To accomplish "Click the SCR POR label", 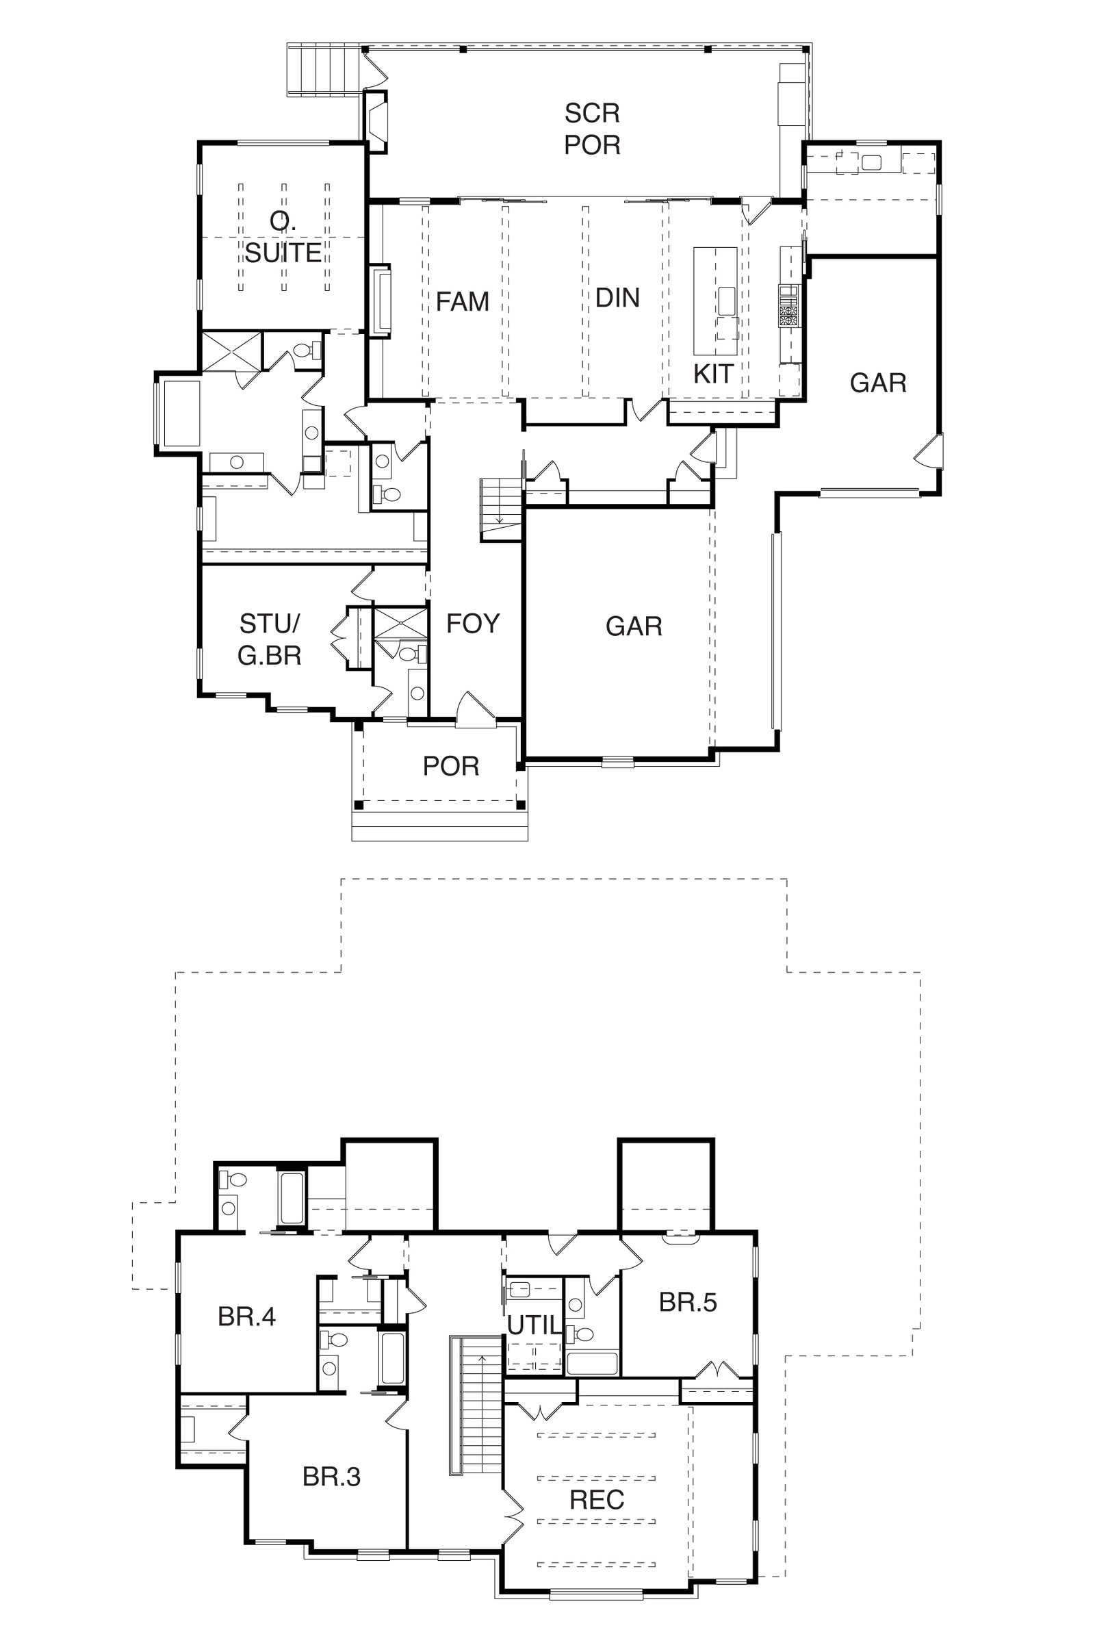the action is [592, 129].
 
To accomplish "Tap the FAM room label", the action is [463, 302].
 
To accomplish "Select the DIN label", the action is [617, 298].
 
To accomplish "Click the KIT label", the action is [713, 374].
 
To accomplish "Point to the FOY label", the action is [474, 624].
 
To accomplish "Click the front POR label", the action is [451, 766].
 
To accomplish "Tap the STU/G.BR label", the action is [270, 639].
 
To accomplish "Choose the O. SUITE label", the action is [283, 238].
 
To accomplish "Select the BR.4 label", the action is [246, 1316].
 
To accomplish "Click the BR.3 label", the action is [332, 1477].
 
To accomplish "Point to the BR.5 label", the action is [688, 1303].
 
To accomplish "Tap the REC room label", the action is [597, 1500].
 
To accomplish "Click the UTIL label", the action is [534, 1325].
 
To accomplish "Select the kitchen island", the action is [715, 301].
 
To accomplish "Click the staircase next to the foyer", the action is [501, 510].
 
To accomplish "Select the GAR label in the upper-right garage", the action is [878, 383].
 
